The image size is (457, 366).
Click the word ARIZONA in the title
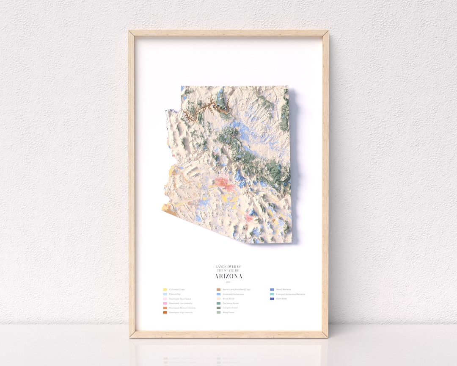229,276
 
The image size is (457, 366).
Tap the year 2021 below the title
229,282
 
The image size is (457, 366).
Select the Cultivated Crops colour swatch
165,289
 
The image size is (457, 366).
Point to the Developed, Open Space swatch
165,299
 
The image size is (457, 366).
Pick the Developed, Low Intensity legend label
181,303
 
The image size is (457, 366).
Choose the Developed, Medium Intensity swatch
165,308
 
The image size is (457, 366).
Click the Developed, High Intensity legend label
181,313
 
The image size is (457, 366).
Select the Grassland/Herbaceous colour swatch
218,294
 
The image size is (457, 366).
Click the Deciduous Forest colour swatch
218,303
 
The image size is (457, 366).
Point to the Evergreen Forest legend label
230,308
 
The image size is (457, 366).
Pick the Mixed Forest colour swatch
218,313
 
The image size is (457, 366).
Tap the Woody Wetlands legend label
284,289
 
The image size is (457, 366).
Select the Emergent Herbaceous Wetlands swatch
272,294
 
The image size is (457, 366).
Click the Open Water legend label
281,299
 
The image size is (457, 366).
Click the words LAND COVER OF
228,266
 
